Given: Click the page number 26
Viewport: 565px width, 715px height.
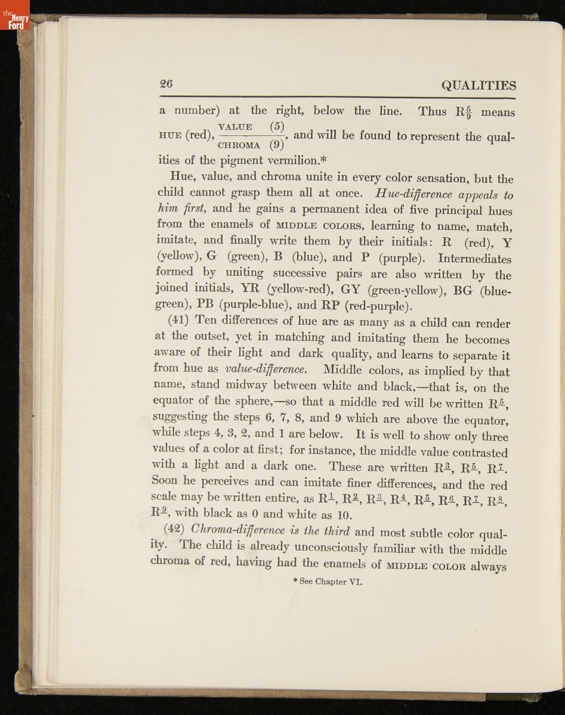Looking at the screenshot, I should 166,84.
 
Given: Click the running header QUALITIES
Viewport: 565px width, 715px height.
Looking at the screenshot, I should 478,85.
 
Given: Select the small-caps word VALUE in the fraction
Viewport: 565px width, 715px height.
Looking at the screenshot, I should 235,126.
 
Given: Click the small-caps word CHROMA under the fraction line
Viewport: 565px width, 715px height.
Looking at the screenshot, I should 239,145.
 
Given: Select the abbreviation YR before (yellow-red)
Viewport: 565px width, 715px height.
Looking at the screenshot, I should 249,290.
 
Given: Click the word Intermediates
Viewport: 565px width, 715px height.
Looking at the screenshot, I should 474,259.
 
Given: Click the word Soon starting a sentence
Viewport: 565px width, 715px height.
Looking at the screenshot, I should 165,482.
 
